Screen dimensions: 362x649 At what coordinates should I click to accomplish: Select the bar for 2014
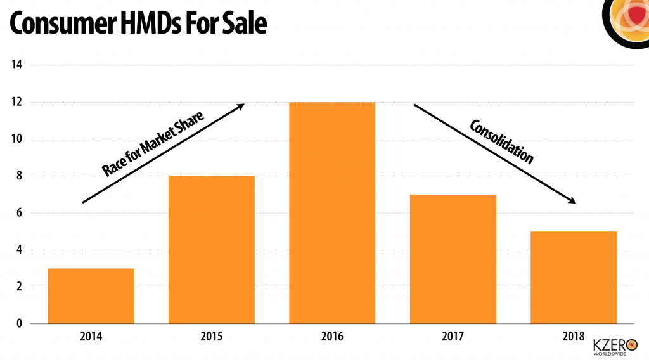click(91, 295)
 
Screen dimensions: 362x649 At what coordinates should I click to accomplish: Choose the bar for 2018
click(573, 277)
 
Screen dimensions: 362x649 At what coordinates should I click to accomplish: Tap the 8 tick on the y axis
click(18, 176)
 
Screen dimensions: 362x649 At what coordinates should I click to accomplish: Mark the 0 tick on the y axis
click(18, 323)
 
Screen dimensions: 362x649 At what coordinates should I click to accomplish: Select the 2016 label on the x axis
click(332, 336)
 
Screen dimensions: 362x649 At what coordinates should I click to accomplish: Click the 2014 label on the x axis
click(91, 336)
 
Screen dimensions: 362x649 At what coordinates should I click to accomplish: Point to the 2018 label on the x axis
click(573, 336)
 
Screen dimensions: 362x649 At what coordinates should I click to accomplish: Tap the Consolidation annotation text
click(501, 141)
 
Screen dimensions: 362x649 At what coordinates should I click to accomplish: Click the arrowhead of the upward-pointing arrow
click(241, 107)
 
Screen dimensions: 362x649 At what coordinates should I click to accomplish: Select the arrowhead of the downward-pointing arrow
click(572, 200)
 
